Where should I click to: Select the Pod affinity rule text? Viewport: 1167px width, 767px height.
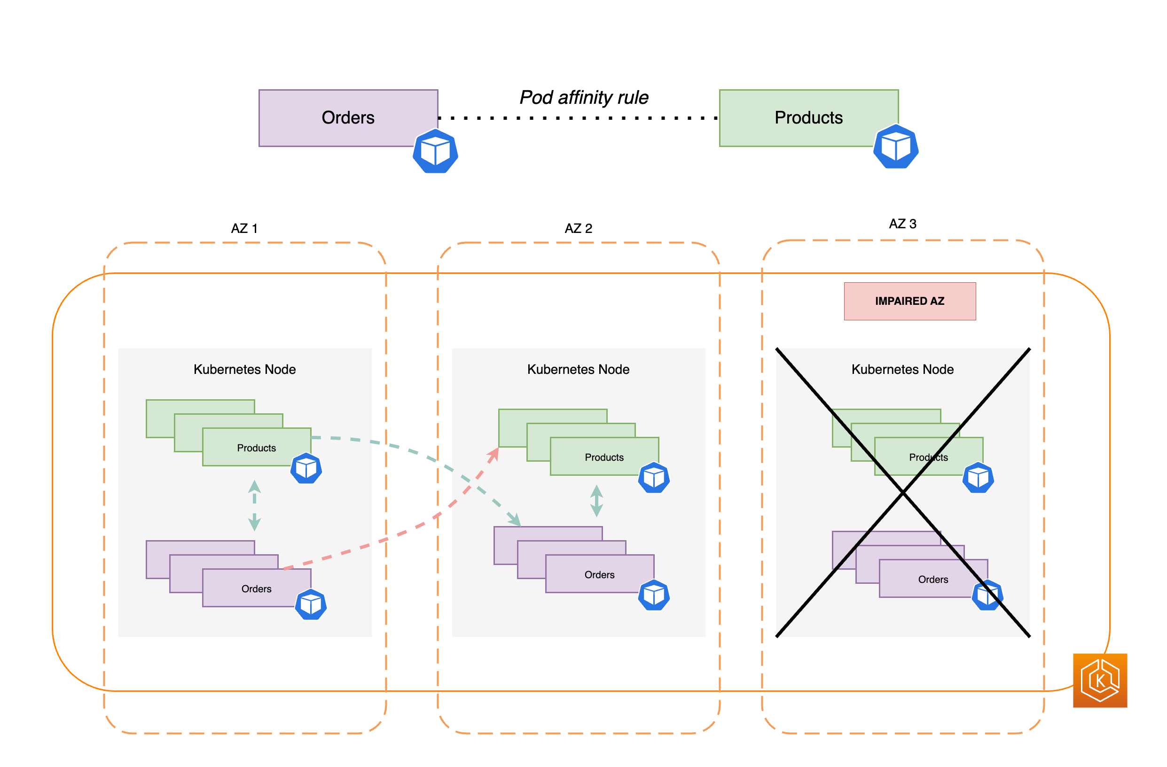coord(584,98)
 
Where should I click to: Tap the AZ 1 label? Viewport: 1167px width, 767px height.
coord(244,228)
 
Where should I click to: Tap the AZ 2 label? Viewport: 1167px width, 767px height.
coord(578,228)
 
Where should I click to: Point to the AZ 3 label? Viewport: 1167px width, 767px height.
coord(902,224)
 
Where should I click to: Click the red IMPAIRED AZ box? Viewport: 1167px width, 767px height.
coord(909,301)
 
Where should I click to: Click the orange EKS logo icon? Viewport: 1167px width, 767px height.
coord(1100,680)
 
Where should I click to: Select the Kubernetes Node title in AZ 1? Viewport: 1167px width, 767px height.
coord(245,369)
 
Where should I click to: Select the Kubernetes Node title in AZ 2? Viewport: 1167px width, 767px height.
coord(578,369)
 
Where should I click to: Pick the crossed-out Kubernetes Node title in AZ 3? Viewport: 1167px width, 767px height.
coord(902,369)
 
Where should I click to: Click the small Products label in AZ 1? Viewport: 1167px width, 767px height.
coord(257,448)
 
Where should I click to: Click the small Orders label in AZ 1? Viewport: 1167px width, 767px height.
coord(257,589)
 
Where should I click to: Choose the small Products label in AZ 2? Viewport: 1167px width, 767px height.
coord(604,457)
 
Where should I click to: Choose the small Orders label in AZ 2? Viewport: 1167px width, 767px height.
coord(599,574)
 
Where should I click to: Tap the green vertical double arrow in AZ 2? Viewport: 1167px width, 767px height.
coord(596,501)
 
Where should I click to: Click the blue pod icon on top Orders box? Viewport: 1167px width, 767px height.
coord(435,151)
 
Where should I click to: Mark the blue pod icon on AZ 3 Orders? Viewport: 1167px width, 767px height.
coord(987,595)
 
